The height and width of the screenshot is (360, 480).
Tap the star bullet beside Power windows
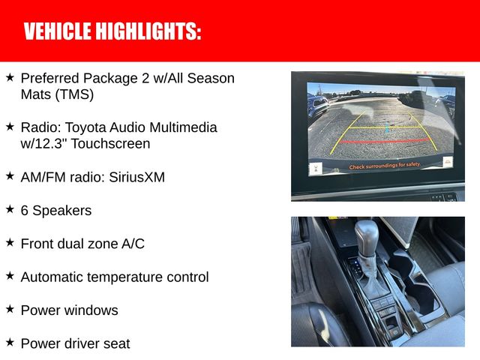pyautogui.click(x=10, y=309)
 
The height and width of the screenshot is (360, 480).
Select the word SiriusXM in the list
pyautogui.click(x=134, y=177)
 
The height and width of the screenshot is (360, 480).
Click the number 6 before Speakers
pyautogui.click(x=25, y=211)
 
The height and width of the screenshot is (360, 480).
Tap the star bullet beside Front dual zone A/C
pyautogui.click(x=10, y=243)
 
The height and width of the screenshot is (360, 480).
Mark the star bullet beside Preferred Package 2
pyautogui.click(x=10, y=77)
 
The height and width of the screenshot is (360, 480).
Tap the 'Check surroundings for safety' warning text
pyautogui.click(x=385, y=163)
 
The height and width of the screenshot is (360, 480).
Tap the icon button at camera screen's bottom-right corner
pyautogui.click(x=447, y=163)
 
